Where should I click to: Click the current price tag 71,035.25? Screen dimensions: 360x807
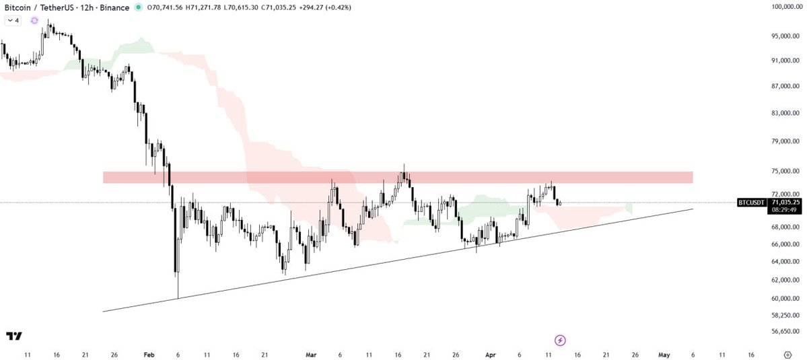pos(785,202)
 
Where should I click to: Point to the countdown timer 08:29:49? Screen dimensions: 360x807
pos(785,210)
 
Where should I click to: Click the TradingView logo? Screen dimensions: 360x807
pos(13,336)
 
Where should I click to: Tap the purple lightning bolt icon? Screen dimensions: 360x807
pos(560,340)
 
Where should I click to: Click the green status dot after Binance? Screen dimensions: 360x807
pos(138,7)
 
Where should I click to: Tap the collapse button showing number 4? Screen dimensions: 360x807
pos(13,21)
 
